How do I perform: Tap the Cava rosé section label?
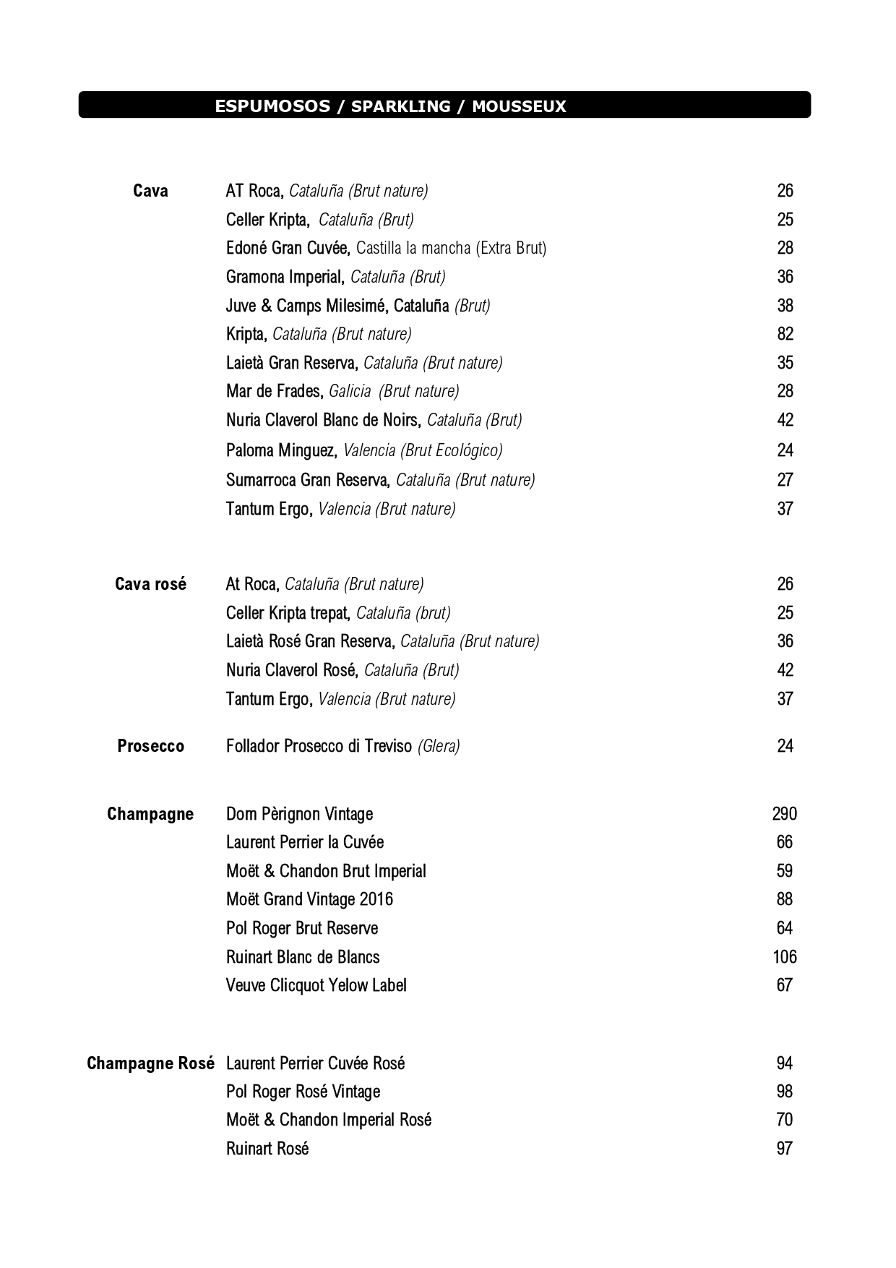(150, 584)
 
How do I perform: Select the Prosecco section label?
(150, 746)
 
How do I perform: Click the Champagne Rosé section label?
(150, 1063)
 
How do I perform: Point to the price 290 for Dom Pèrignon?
(784, 814)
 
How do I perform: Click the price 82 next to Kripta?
(785, 334)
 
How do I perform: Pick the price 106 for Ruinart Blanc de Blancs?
(784, 957)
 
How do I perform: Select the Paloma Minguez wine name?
(281, 450)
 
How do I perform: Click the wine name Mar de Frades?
(274, 391)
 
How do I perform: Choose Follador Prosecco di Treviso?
(319, 746)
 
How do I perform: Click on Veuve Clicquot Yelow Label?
(316, 985)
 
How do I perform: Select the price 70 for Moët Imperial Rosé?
(784, 1120)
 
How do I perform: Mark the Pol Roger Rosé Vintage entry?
(303, 1092)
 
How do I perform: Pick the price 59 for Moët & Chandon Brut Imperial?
(784, 871)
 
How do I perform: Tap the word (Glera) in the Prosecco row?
(439, 746)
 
